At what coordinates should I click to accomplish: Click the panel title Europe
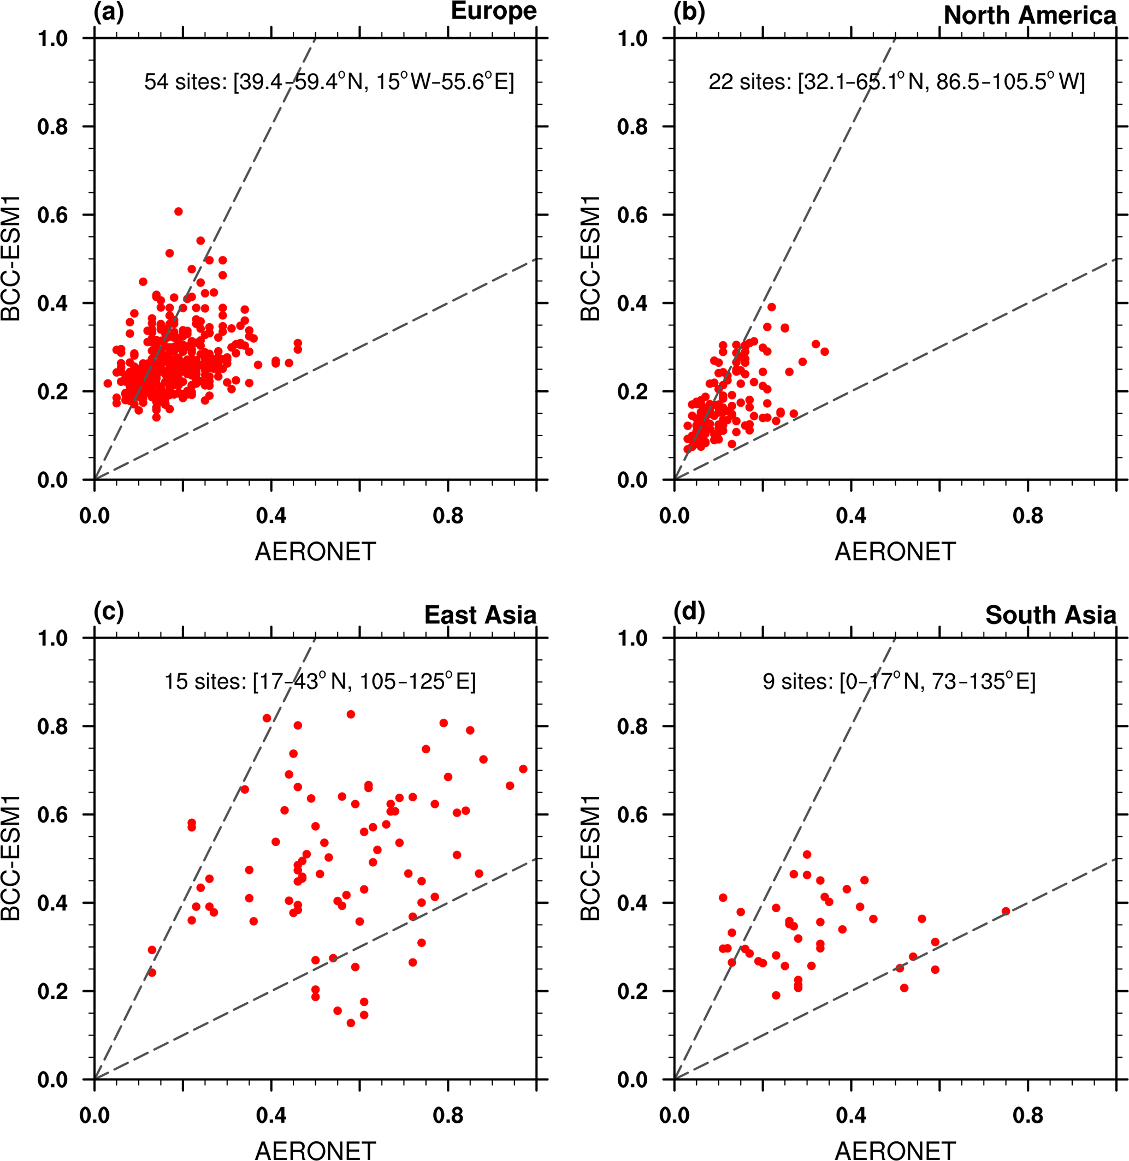click(493, 11)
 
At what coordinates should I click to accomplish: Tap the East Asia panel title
click(480, 615)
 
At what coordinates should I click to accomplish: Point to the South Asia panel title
click(1050, 615)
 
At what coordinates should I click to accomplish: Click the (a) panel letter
click(109, 13)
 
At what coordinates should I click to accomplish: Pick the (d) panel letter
click(689, 612)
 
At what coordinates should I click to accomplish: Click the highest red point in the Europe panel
click(179, 212)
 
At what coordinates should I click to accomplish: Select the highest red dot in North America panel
click(771, 307)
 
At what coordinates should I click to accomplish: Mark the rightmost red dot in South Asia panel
click(1006, 912)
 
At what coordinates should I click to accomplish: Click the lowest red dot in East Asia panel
click(351, 1023)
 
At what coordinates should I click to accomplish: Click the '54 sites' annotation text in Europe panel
click(329, 82)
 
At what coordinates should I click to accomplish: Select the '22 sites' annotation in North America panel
click(896, 82)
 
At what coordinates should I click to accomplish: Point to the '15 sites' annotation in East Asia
click(320, 682)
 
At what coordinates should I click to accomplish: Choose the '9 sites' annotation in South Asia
click(899, 682)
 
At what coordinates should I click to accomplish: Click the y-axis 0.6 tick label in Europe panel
click(52, 215)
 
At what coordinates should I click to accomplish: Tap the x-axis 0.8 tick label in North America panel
click(1027, 516)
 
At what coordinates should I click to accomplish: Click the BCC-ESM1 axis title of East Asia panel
click(11, 858)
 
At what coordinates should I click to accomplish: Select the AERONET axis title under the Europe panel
click(316, 552)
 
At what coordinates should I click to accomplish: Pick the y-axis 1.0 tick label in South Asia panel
click(633, 638)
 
